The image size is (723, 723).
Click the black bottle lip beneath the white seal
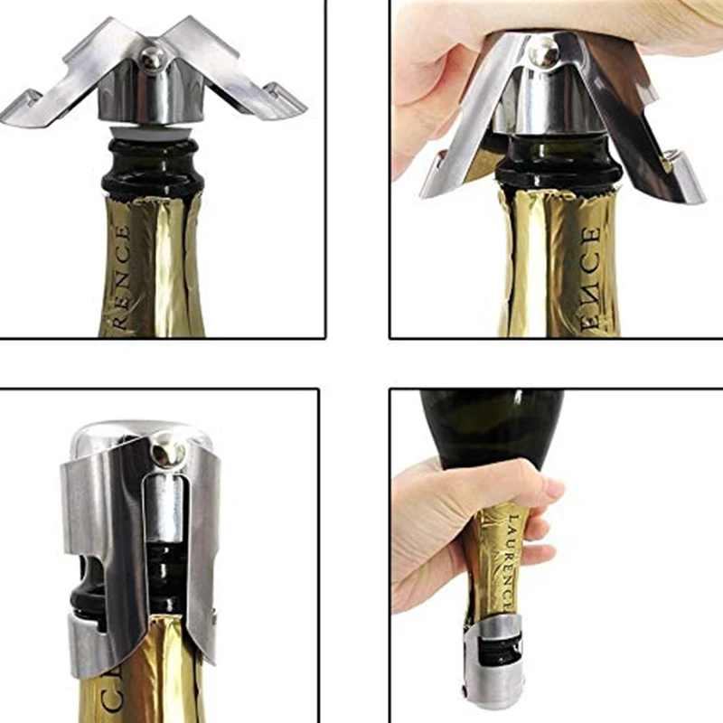coord(150,176)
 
